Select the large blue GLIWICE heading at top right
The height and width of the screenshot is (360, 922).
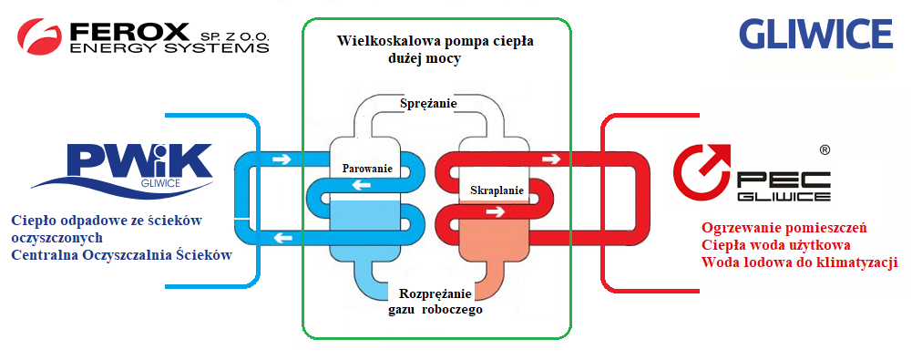[814, 34]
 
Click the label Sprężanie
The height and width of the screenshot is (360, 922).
[427, 104]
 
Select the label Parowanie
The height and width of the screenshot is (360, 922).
[367, 169]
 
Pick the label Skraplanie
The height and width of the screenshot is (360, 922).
[497, 190]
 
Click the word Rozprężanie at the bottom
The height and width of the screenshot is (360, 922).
[435, 293]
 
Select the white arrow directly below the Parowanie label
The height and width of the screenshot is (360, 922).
[365, 185]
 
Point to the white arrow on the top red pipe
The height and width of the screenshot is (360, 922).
[548, 159]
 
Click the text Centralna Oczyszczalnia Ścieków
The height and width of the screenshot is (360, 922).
[121, 255]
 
